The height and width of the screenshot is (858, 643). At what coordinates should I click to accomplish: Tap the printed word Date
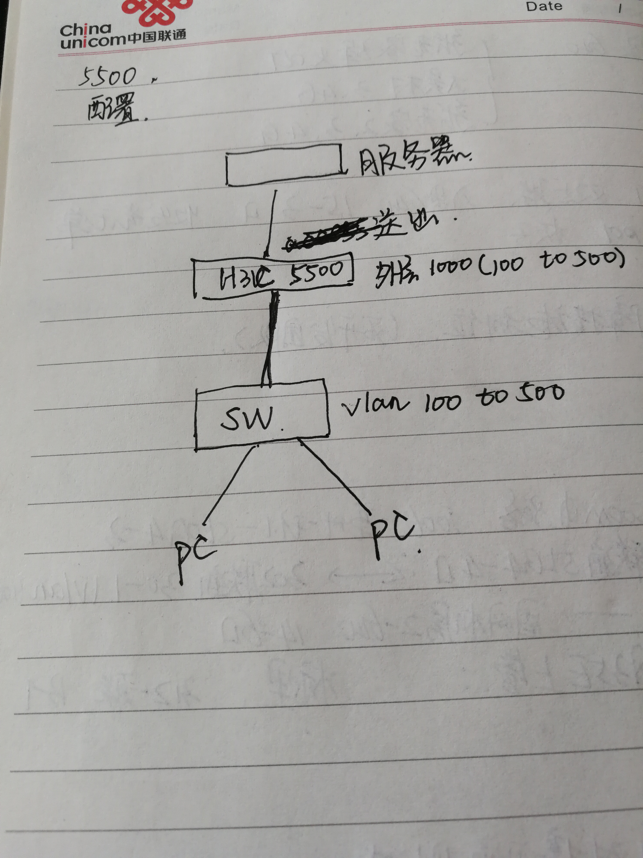pyautogui.click(x=544, y=6)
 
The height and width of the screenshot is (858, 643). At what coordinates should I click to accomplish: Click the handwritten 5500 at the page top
pyautogui.click(x=108, y=76)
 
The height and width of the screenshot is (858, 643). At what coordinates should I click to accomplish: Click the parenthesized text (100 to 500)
pyautogui.click(x=550, y=264)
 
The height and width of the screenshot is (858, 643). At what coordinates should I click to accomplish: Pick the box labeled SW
pyautogui.click(x=262, y=415)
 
